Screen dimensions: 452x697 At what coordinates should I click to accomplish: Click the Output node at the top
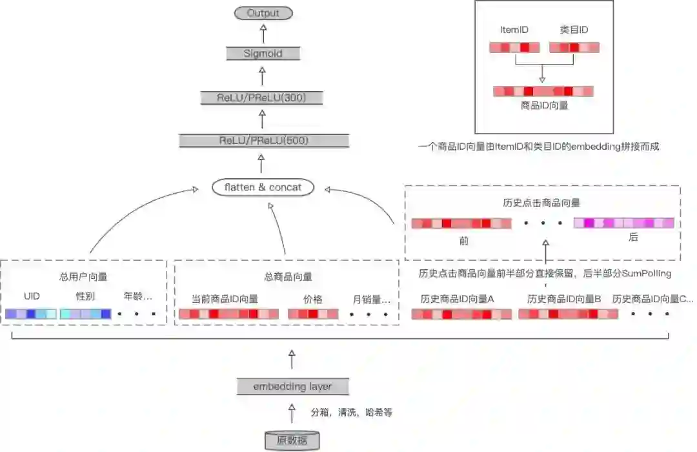pyautogui.click(x=263, y=13)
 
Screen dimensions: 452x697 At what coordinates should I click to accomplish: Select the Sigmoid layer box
pyautogui.click(x=263, y=54)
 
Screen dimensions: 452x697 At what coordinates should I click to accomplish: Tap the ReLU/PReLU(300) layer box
pyautogui.click(x=261, y=98)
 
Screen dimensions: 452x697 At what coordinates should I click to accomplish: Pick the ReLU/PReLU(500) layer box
pyautogui.click(x=263, y=140)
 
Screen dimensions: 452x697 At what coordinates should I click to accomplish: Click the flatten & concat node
pyautogui.click(x=263, y=187)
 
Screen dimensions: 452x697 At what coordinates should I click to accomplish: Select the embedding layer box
pyautogui.click(x=292, y=387)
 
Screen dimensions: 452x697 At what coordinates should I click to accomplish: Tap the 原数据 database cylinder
pyautogui.click(x=292, y=441)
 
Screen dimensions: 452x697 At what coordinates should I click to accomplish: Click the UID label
pyautogui.click(x=32, y=297)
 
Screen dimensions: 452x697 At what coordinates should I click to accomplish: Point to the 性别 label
pyautogui.click(x=85, y=297)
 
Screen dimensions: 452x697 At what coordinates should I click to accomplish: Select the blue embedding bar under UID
pyautogui.click(x=31, y=314)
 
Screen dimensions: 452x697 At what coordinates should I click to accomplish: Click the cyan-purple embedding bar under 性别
pyautogui.click(x=85, y=314)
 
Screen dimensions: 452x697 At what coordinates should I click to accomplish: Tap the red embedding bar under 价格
pyautogui.click(x=313, y=314)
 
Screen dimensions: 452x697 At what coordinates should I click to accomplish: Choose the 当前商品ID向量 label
pyautogui.click(x=225, y=299)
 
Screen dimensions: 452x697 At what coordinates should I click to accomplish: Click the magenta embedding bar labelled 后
pyautogui.click(x=623, y=223)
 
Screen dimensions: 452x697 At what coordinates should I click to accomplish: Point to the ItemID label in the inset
pyautogui.click(x=514, y=30)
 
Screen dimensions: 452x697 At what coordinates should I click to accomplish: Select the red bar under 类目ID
pyautogui.click(x=574, y=47)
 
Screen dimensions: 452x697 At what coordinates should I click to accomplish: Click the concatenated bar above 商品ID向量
pyautogui.click(x=543, y=92)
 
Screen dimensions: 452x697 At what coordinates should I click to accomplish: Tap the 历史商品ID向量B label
pyautogui.click(x=564, y=299)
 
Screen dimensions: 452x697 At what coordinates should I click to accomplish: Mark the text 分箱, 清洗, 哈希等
pyautogui.click(x=352, y=412)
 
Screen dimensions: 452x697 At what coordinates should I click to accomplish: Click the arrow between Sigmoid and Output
pyautogui.click(x=263, y=34)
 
